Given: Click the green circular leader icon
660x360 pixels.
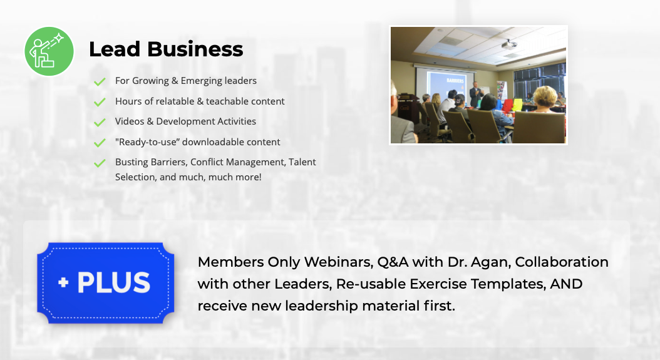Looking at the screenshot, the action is [x=49, y=51].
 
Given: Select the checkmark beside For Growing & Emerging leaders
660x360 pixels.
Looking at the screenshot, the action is [x=100, y=81].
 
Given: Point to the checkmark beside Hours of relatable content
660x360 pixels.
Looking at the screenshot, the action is [x=100, y=102].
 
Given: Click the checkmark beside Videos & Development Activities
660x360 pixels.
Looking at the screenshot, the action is [x=100, y=122].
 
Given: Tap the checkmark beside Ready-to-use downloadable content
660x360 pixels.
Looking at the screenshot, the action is [x=100, y=143].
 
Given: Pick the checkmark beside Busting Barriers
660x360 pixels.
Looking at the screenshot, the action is [x=100, y=163].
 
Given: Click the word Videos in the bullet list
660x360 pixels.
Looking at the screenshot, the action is [x=130, y=121].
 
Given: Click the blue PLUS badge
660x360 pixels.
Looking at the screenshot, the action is [x=106, y=283].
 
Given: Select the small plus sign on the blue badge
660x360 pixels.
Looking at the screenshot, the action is [x=64, y=282].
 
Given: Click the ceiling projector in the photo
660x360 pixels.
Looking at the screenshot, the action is [x=509, y=44].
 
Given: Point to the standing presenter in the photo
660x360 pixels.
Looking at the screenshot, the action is [x=475, y=94].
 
